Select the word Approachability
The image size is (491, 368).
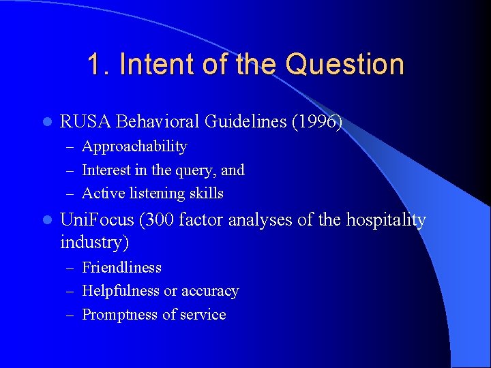tap(134, 147)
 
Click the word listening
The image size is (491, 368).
tap(158, 194)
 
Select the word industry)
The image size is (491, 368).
tap(95, 242)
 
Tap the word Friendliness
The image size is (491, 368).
tap(121, 268)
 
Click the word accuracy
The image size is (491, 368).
tap(209, 291)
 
